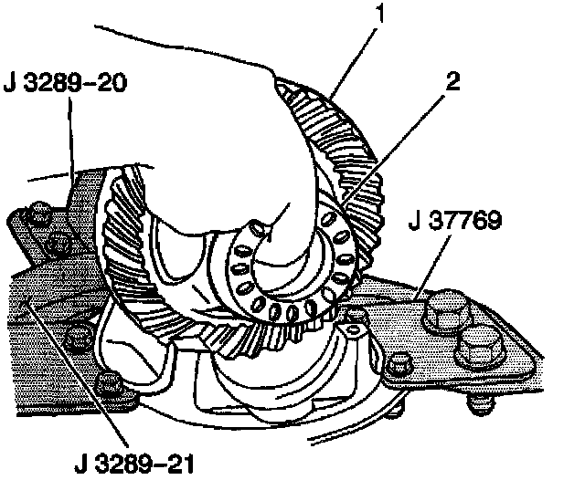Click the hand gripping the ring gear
229,137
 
